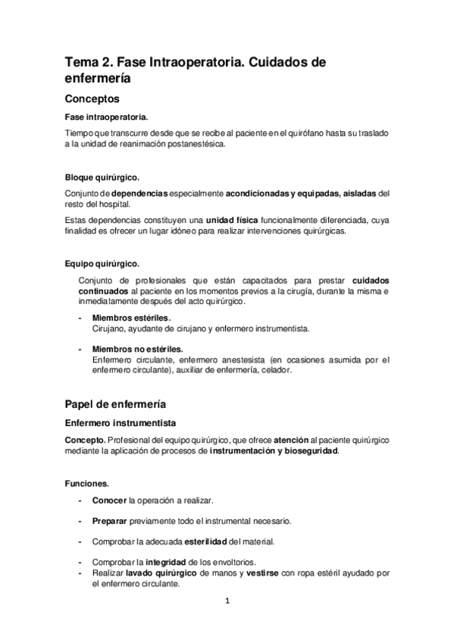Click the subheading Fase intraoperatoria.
pyautogui.click(x=106, y=117)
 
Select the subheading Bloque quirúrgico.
pyautogui.click(x=102, y=177)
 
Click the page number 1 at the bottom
pyautogui.click(x=227, y=604)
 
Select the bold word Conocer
pyautogui.click(x=110, y=501)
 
